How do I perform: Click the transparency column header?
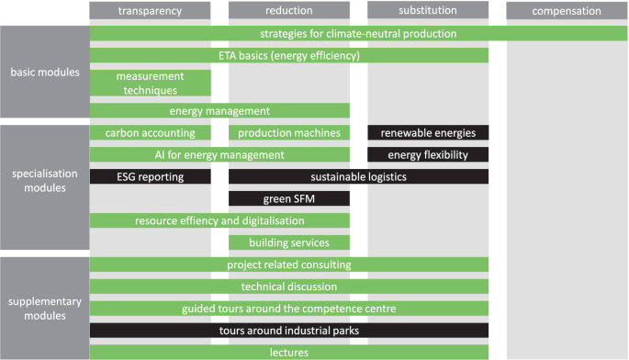pyautogui.click(x=150, y=11)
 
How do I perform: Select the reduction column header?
pyautogui.click(x=288, y=11)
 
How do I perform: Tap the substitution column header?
pyautogui.click(x=427, y=11)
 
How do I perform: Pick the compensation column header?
pyautogui.click(x=567, y=11)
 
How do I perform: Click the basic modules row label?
pyautogui.click(x=44, y=73)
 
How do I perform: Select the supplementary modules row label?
pyautogui.click(x=44, y=309)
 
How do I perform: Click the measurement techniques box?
pyautogui.click(x=150, y=83)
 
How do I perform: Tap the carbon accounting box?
pyautogui.click(x=150, y=133)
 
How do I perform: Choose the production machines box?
pyautogui.click(x=288, y=133)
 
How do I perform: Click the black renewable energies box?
pyautogui.click(x=427, y=133)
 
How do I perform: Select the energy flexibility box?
pyautogui.click(x=427, y=154)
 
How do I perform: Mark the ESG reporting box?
pyautogui.click(x=150, y=176)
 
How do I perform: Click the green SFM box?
pyautogui.click(x=288, y=198)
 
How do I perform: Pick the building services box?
pyautogui.click(x=288, y=242)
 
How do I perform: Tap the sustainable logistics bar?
pyautogui.click(x=358, y=176)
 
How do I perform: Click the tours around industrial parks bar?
pyautogui.click(x=288, y=331)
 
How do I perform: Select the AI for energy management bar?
pyautogui.click(x=219, y=154)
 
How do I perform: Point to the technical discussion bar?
pyautogui.click(x=288, y=287)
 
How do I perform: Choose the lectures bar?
pyautogui.click(x=288, y=353)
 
